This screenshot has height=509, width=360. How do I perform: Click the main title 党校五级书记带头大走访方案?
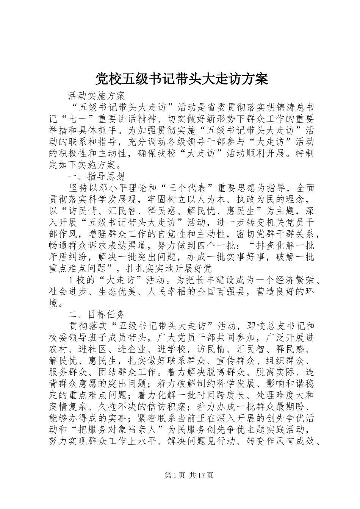coord(181,79)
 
